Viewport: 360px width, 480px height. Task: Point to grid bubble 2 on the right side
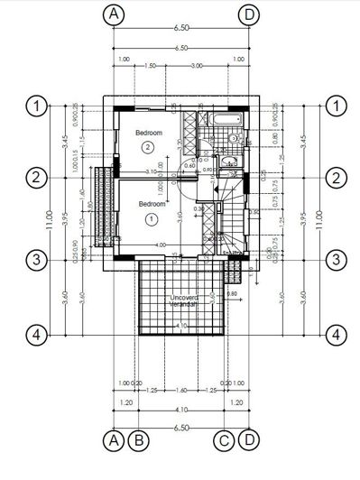[x=337, y=177]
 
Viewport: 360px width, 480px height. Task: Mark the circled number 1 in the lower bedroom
[x=151, y=217]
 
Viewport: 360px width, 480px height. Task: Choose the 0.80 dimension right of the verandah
[x=232, y=293]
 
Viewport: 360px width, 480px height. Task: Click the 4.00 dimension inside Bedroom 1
[x=161, y=245]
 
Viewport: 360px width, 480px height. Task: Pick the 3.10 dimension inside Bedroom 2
[x=152, y=171]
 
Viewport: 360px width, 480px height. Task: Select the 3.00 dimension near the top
[x=196, y=66]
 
